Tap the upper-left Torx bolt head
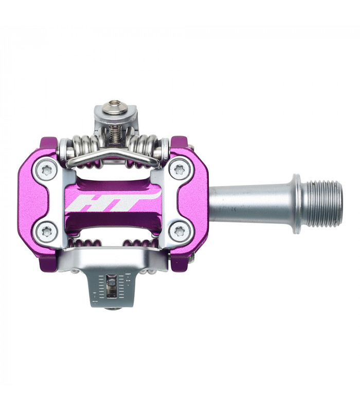click(47, 169)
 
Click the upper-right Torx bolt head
click(179, 169)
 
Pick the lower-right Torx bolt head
click(179, 233)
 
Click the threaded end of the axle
click(322, 203)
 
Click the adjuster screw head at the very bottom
click(113, 308)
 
